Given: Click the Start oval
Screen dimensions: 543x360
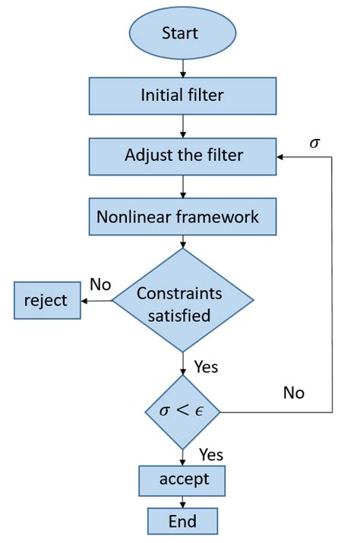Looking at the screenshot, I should [180, 34].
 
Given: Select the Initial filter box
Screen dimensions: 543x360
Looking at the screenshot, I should [183, 96].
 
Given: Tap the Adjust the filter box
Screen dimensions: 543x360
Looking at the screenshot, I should [183, 156].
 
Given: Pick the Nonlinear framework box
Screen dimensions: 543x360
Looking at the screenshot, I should [183, 217].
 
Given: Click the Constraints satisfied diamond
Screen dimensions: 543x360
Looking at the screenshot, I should [183, 301].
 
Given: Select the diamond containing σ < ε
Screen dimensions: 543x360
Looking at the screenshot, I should [183, 412].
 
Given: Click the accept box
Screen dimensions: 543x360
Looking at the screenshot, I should [183, 480].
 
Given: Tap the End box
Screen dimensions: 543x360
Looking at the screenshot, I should [183, 522].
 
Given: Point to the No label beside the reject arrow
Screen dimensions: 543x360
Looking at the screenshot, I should [100, 284].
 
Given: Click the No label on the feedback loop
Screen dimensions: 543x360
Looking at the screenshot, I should [293, 393].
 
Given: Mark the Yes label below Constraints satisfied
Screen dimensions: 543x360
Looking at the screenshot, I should [206, 367].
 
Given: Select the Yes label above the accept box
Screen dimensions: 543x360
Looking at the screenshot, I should [211, 454].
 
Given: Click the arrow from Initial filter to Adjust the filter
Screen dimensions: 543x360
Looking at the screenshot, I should [183, 126].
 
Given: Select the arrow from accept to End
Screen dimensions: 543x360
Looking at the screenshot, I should [183, 501].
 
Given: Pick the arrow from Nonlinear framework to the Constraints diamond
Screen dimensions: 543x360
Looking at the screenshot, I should [183, 242].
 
